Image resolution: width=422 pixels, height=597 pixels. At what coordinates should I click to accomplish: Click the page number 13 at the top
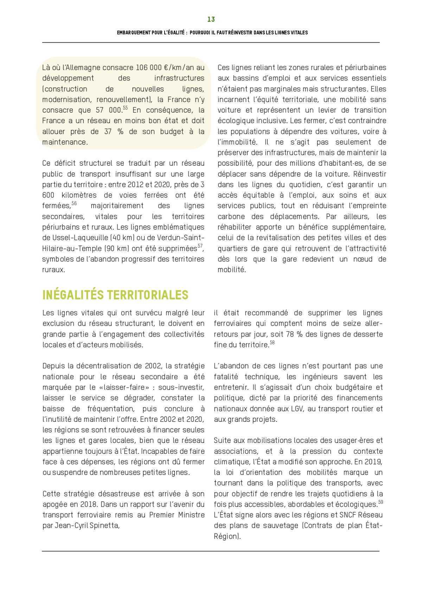[x=211, y=19]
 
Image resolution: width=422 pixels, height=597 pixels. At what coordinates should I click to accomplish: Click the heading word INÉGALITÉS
[x=73, y=295]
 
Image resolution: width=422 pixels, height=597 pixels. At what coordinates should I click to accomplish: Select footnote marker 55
[x=125, y=108]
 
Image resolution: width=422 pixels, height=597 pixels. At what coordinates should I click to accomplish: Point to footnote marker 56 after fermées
[x=74, y=203]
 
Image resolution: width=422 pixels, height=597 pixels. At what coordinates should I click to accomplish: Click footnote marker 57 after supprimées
[x=200, y=246]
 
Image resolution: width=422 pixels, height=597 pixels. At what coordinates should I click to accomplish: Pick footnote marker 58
[x=272, y=342]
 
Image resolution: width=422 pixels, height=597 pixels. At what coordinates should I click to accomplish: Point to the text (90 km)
[x=118, y=248]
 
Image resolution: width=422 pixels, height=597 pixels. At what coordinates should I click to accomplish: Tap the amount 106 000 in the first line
[x=145, y=68]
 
